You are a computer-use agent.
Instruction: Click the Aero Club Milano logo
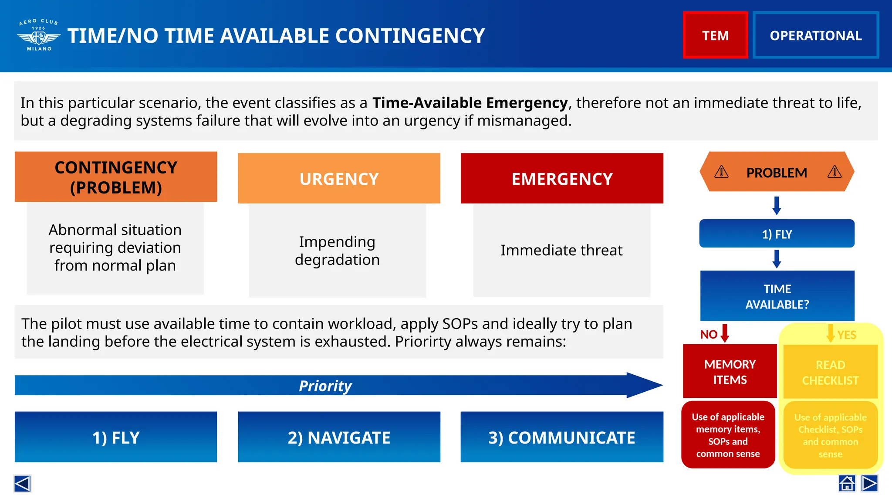pos(39,35)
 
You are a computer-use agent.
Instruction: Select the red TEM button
pos(715,35)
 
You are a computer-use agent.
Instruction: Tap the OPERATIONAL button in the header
pos(815,35)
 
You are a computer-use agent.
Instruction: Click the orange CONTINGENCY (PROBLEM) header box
pos(116,177)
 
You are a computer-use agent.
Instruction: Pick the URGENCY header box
pos(339,179)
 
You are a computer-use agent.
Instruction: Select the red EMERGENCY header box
pos(562,179)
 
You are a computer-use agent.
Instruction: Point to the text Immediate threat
pos(561,250)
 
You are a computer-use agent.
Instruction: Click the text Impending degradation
pos(337,251)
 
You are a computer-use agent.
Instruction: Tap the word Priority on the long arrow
pos(325,386)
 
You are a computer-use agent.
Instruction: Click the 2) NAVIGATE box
pos(339,437)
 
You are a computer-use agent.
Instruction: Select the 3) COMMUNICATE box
pos(562,437)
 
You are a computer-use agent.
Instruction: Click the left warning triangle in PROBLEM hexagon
pos(721,172)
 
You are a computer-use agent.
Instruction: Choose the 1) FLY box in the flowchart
pos(777,234)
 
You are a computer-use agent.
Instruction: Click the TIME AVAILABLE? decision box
pos(777,296)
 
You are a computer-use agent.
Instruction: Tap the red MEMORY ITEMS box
pos(730,372)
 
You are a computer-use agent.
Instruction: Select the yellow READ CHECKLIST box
pos(830,372)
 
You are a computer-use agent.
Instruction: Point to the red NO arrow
pos(725,333)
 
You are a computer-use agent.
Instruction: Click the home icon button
pos(847,483)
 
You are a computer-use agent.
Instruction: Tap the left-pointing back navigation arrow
pos(22,483)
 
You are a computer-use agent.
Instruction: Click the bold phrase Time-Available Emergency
pos(470,103)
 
